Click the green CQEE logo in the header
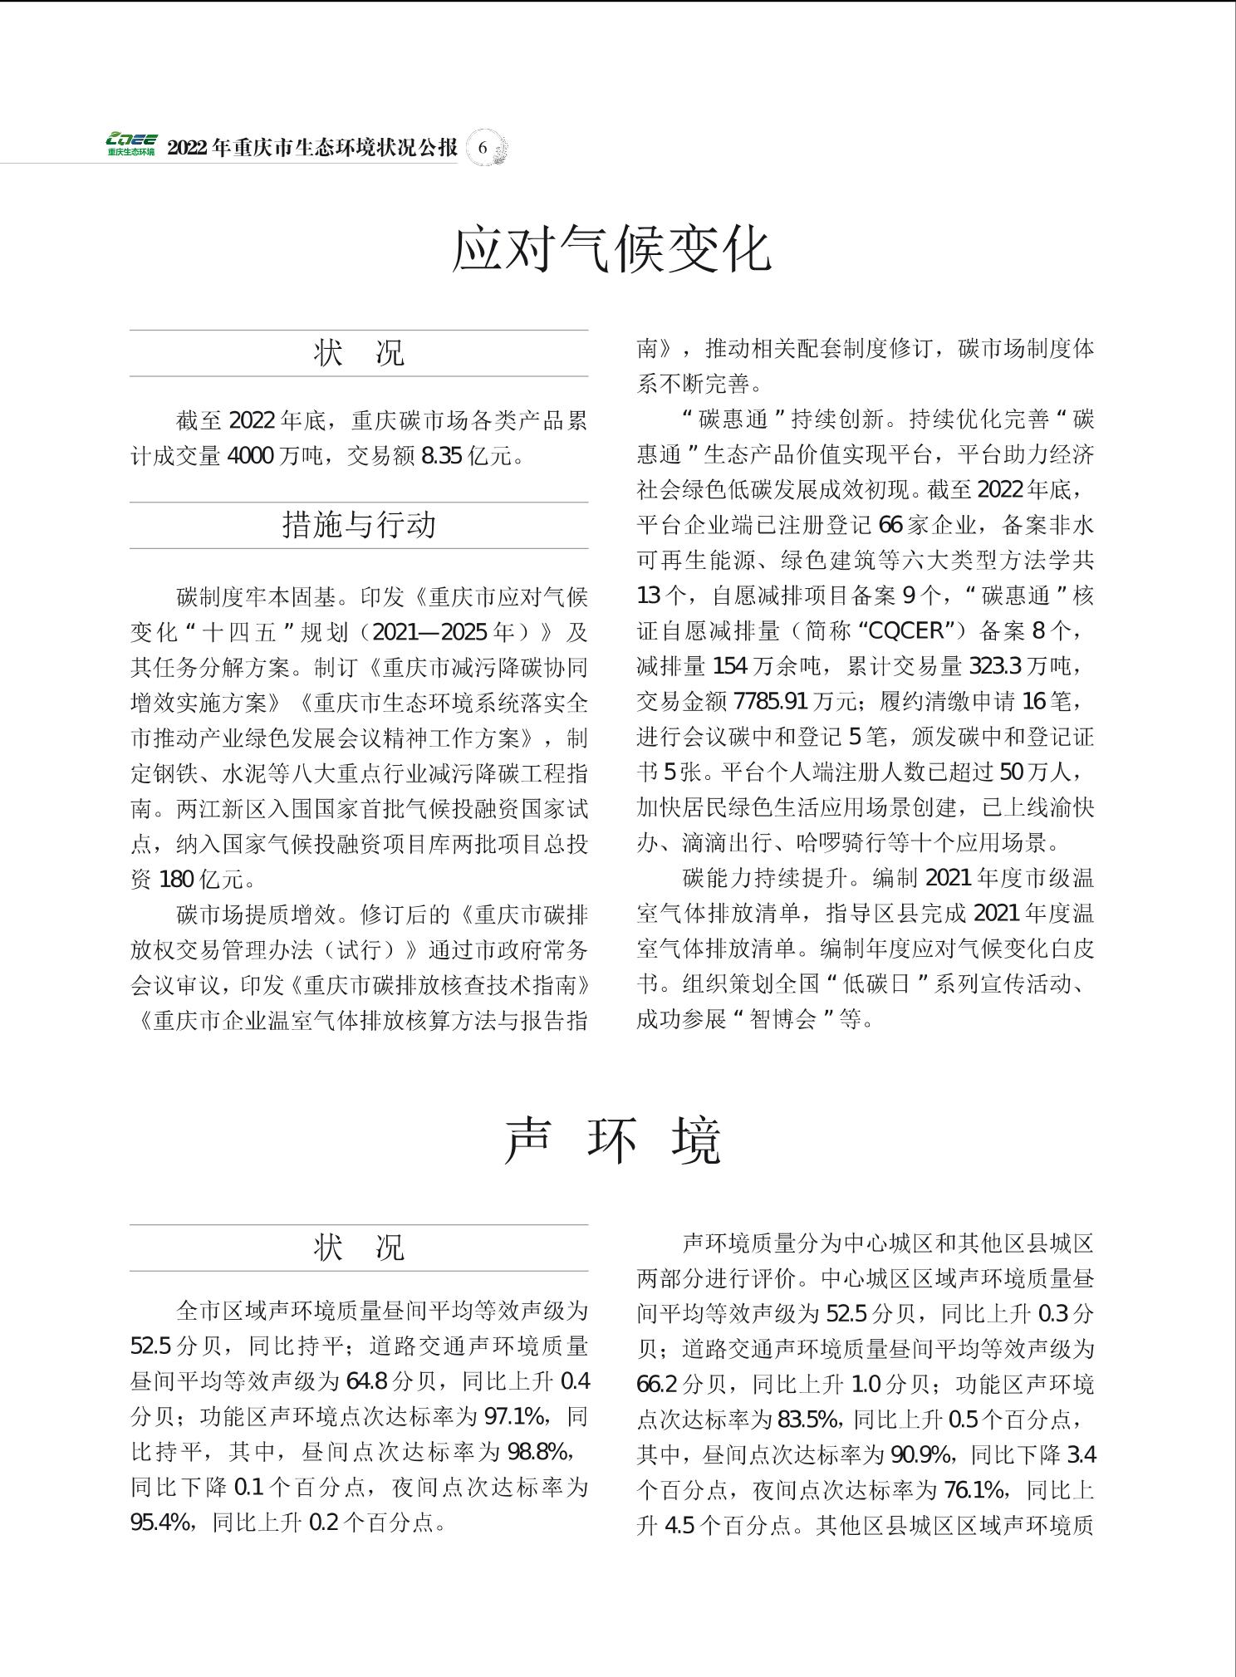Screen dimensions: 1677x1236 130,145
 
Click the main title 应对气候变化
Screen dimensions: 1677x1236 612,248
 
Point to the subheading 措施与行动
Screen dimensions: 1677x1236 359,525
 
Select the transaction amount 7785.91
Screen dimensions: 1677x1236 770,702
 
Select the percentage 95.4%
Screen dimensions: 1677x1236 160,1522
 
